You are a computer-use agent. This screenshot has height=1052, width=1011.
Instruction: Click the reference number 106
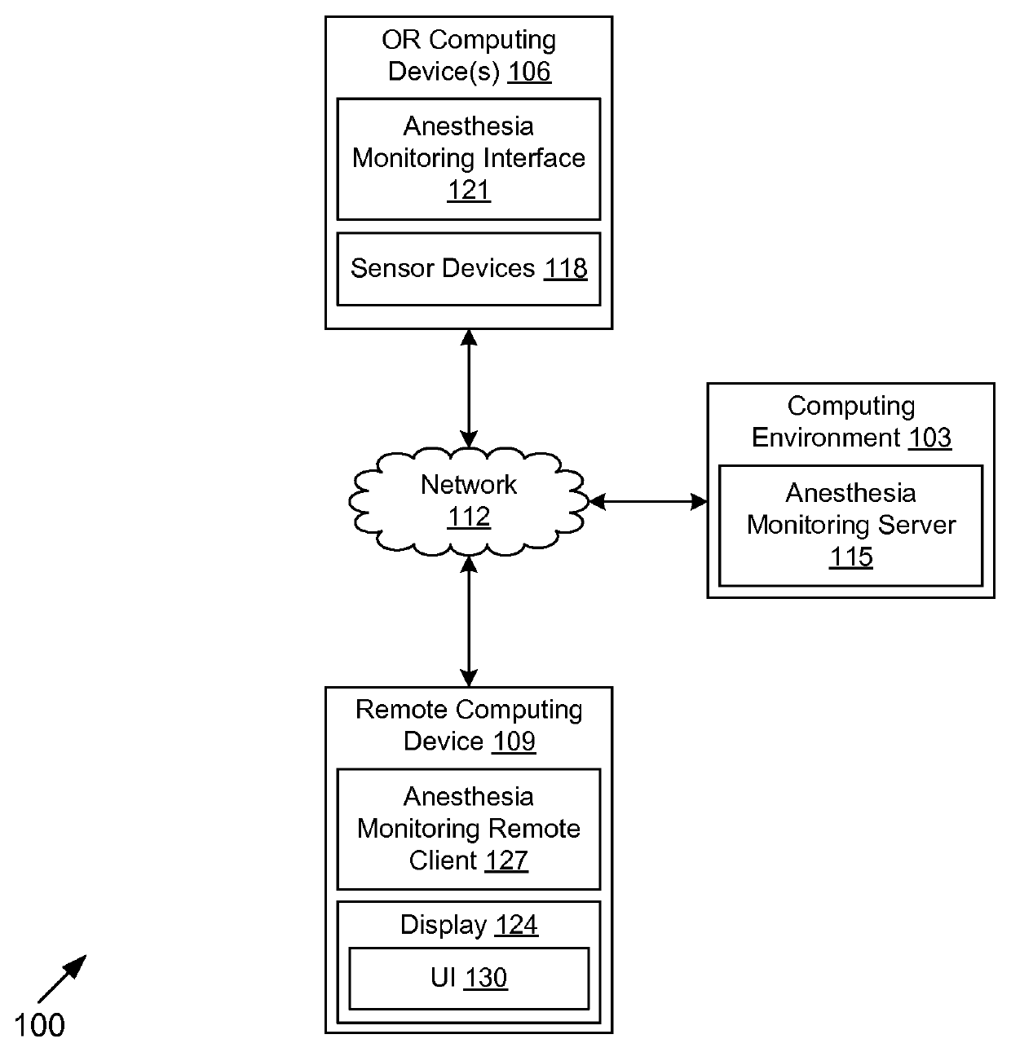click(529, 72)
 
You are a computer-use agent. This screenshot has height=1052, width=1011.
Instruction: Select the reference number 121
click(469, 191)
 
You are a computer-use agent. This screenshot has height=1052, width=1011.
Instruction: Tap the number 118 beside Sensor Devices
click(565, 268)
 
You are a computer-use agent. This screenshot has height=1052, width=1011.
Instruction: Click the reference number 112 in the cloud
click(469, 517)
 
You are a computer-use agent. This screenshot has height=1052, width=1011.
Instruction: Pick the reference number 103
click(929, 438)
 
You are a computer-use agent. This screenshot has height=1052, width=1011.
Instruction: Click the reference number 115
click(851, 557)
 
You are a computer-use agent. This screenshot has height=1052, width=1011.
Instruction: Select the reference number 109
click(514, 742)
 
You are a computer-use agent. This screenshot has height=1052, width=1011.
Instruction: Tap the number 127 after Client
click(505, 861)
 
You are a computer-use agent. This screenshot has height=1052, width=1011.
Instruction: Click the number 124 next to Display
click(517, 924)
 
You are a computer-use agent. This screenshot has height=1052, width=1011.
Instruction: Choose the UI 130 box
click(469, 979)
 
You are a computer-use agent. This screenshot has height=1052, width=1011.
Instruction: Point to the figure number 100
click(39, 1025)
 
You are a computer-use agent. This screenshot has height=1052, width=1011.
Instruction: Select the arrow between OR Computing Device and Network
click(469, 388)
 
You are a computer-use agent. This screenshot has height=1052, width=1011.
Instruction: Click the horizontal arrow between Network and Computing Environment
click(648, 502)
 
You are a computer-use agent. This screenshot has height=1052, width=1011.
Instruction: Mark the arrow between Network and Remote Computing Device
click(469, 622)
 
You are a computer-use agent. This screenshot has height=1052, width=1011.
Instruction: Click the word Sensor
click(388, 268)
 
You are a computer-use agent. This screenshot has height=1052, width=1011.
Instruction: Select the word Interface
click(534, 158)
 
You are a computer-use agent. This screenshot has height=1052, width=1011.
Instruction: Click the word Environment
click(825, 438)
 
